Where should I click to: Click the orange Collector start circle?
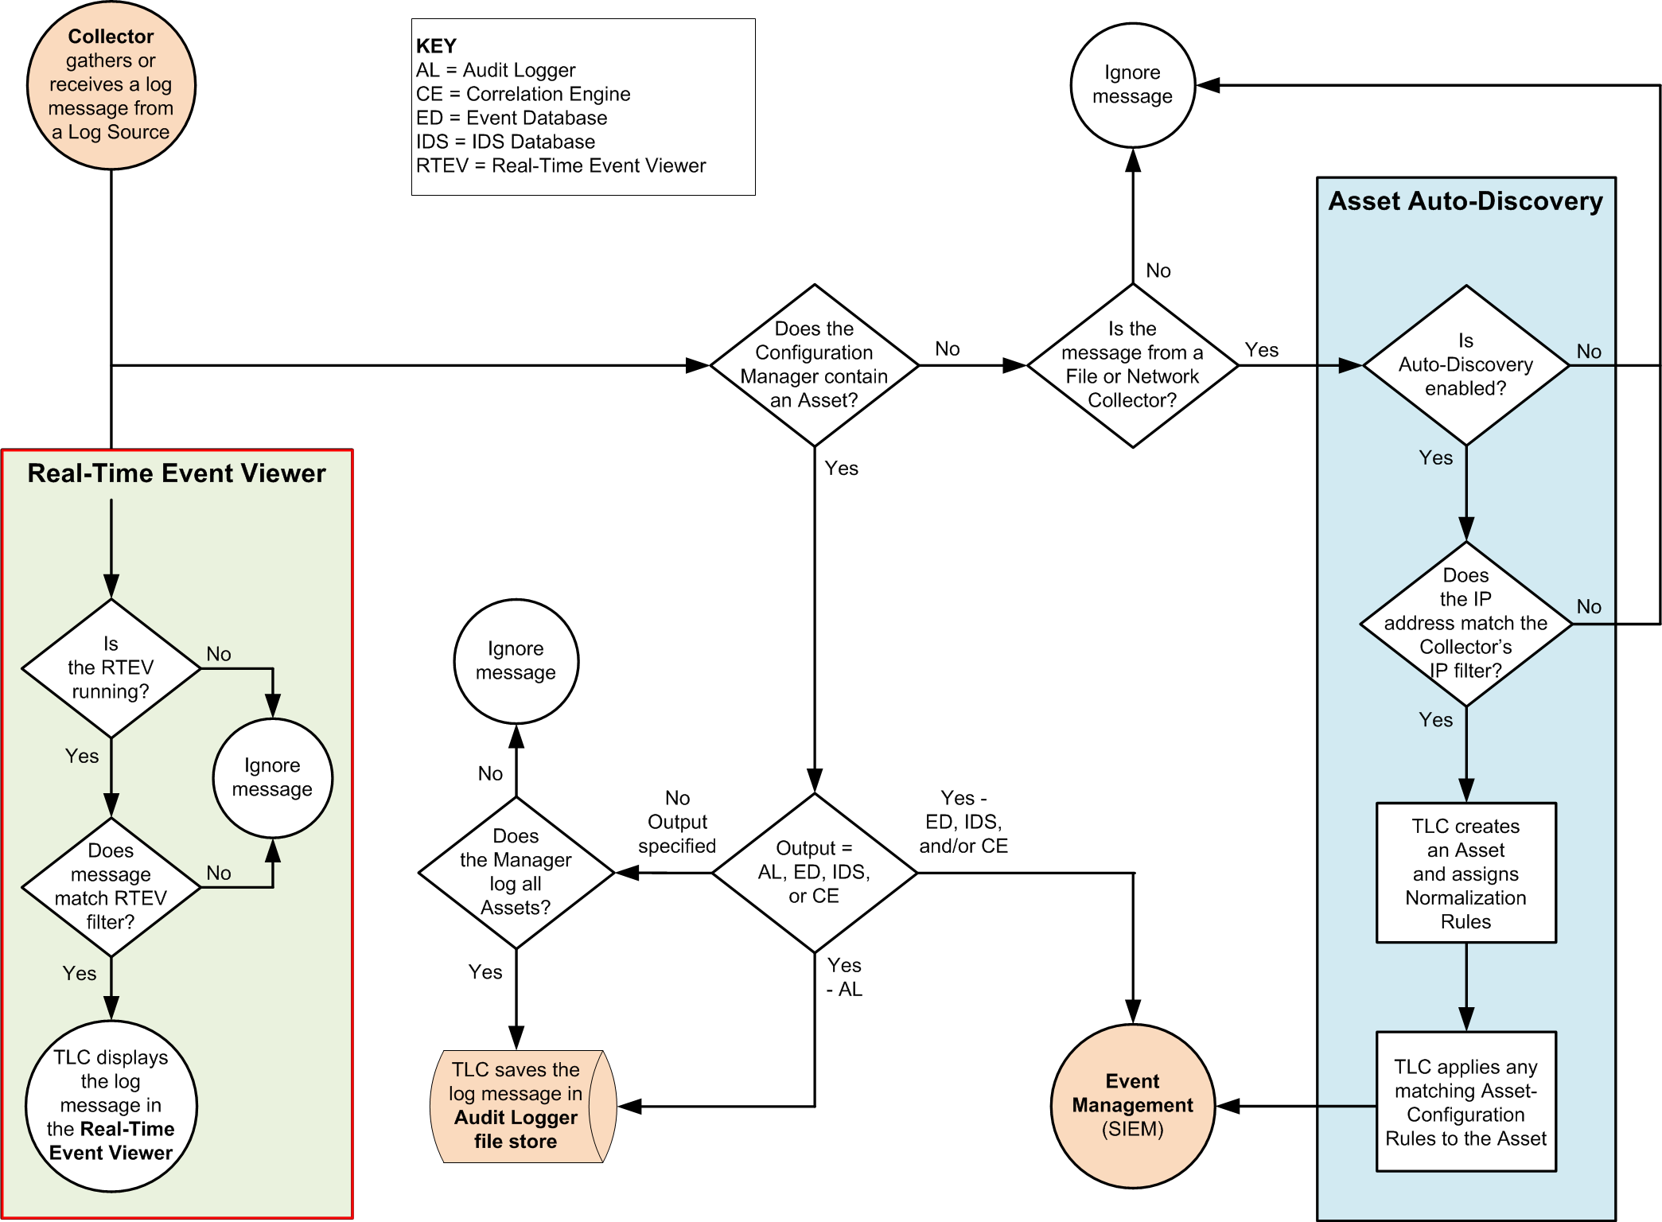(111, 85)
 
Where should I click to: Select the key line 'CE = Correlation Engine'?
(523, 94)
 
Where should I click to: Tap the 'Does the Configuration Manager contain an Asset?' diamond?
(814, 365)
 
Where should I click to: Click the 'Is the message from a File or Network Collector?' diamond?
(1132, 365)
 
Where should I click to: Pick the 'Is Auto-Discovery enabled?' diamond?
(1465, 365)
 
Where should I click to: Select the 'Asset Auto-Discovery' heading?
(1465, 201)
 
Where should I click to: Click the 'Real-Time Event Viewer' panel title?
(177, 473)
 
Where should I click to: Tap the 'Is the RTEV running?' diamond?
(111, 668)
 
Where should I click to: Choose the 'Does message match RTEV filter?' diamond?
(111, 886)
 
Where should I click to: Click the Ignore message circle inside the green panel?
(272, 777)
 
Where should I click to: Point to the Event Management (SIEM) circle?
(1132, 1105)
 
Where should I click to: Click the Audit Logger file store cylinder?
(517, 1106)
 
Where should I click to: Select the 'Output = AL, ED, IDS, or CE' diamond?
(814, 872)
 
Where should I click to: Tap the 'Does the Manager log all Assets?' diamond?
(516, 872)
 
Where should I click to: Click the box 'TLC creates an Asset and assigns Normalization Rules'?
(1465, 873)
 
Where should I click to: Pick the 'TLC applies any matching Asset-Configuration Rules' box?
(1465, 1102)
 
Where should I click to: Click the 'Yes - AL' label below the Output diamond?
(844, 977)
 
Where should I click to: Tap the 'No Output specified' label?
(677, 822)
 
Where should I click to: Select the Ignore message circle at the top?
(1132, 85)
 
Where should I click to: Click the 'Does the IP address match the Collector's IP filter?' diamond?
(1465, 623)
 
